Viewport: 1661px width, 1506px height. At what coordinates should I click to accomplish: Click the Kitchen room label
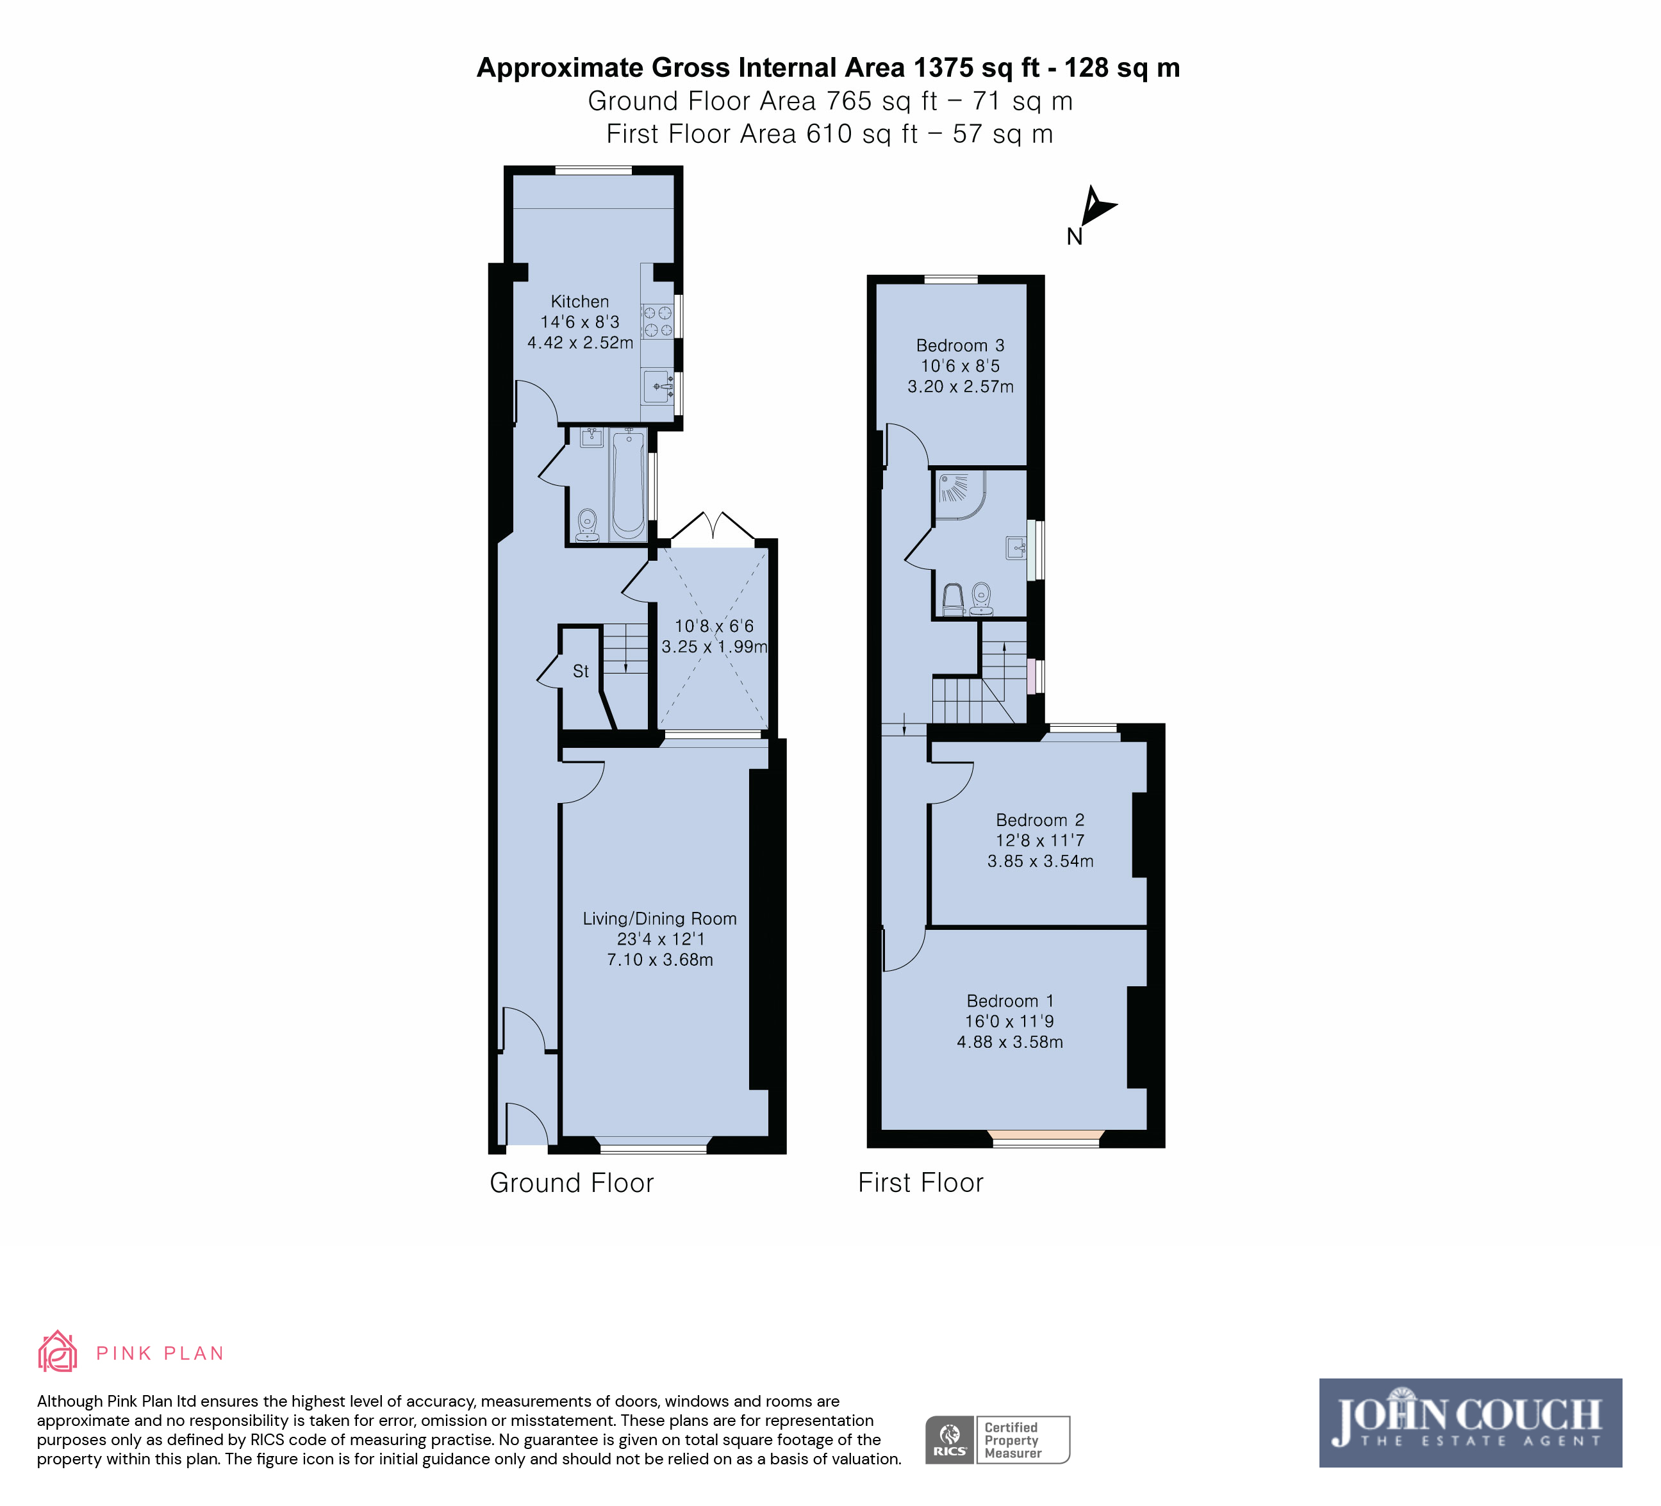[x=580, y=302]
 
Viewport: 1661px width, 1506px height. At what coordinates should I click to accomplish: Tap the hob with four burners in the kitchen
[x=657, y=321]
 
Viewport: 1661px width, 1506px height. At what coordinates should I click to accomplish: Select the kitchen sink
[x=657, y=386]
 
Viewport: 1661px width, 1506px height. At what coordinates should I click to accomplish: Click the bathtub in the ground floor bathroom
[x=629, y=485]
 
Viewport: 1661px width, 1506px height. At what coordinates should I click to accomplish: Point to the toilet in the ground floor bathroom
[x=588, y=525]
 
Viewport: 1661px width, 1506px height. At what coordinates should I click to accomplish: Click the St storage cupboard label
[x=581, y=672]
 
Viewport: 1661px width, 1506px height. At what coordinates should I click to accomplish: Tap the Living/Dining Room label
[x=660, y=918]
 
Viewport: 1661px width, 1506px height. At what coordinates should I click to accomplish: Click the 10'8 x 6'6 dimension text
[x=715, y=626]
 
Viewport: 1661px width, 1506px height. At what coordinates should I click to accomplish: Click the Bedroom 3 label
[x=961, y=346]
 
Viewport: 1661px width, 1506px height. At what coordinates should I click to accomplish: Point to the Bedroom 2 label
[x=1041, y=820]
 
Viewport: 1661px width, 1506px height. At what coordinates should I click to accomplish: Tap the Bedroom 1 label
[x=1010, y=1001]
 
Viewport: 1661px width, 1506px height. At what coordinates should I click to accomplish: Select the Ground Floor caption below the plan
[x=572, y=1183]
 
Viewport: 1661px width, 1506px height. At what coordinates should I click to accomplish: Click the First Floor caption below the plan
[x=921, y=1183]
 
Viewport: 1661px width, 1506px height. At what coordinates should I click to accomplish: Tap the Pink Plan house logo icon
[x=58, y=1352]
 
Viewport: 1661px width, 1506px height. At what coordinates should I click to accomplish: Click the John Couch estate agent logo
[x=1471, y=1423]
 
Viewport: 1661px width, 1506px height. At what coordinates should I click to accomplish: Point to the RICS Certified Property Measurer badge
[x=998, y=1439]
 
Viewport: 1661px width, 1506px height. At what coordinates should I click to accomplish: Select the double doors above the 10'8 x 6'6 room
[x=713, y=528]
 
